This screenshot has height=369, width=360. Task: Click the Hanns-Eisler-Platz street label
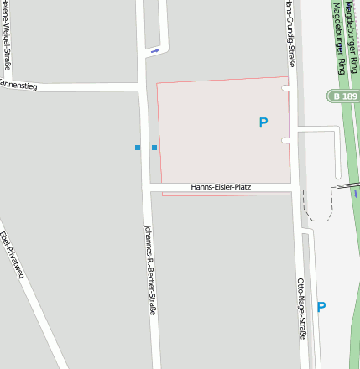pyautogui.click(x=221, y=186)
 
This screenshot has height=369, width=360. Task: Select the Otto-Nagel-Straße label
pyautogui.click(x=302, y=308)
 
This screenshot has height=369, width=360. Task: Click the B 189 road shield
pyautogui.click(x=344, y=97)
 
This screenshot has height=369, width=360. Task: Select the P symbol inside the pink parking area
pyautogui.click(x=263, y=123)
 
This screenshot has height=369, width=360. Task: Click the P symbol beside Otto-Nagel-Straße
pyautogui.click(x=321, y=308)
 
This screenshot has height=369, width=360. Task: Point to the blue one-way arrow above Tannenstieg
pyautogui.click(x=154, y=52)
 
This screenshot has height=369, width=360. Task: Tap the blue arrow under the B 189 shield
pyautogui.click(x=355, y=194)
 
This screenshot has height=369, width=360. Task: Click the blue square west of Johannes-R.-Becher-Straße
pyautogui.click(x=138, y=148)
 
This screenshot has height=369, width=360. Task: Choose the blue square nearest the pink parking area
pyautogui.click(x=154, y=148)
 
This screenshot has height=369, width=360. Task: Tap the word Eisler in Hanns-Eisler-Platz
pyautogui.click(x=221, y=186)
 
